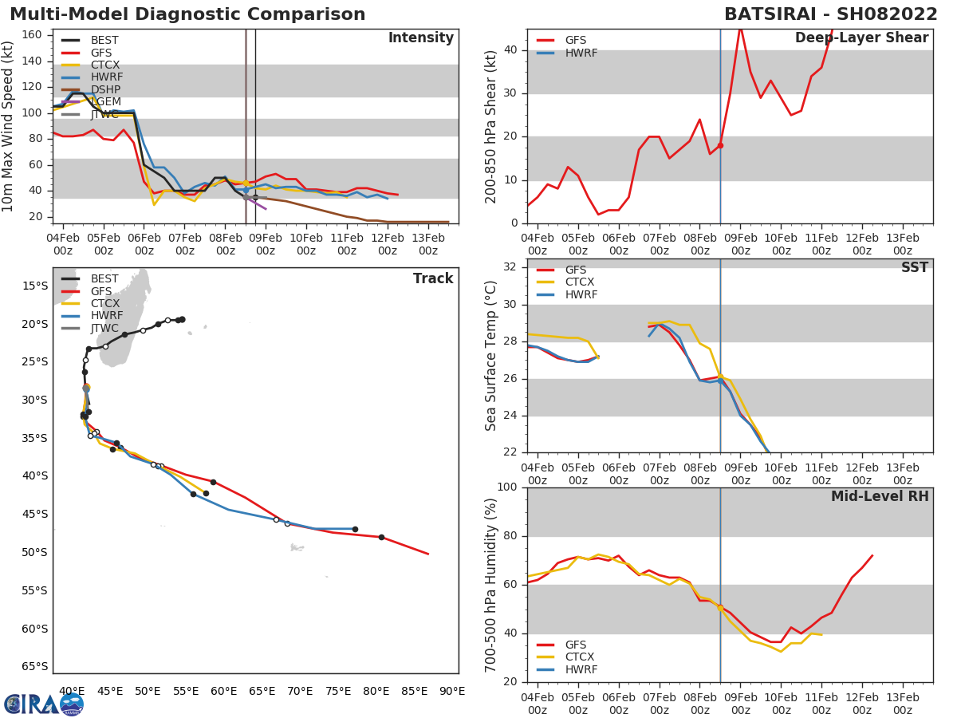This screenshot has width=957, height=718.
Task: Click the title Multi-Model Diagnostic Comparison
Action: click(187, 14)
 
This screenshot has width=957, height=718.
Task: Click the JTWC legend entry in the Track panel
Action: click(104, 329)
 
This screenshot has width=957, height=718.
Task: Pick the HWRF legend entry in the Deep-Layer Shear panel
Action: click(580, 53)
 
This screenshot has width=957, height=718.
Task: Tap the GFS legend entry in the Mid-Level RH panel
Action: click(575, 645)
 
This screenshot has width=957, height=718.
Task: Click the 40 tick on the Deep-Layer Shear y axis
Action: click(511, 50)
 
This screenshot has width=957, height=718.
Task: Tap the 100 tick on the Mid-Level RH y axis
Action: click(507, 487)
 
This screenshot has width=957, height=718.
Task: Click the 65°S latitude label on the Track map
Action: click(35, 666)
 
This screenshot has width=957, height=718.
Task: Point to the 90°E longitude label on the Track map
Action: click(452, 691)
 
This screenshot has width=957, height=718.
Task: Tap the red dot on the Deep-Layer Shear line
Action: click(720, 145)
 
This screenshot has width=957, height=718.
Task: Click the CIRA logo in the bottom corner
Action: click(44, 704)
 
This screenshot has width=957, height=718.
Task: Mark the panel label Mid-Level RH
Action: click(880, 496)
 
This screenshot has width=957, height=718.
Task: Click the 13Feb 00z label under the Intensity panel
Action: click(427, 243)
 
